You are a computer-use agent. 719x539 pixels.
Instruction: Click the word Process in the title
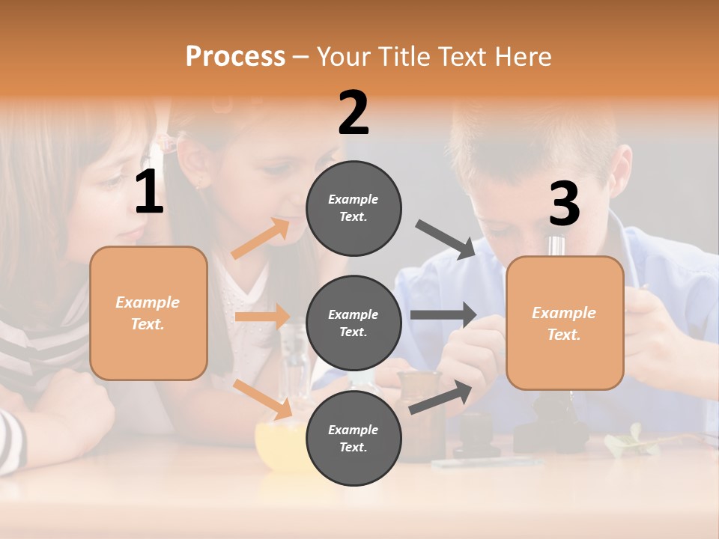pyautogui.click(x=235, y=56)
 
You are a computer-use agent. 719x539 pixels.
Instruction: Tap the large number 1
pyautogui.click(x=149, y=192)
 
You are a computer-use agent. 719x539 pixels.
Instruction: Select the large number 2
pyautogui.click(x=354, y=113)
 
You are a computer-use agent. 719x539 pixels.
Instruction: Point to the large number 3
pyautogui.click(x=564, y=204)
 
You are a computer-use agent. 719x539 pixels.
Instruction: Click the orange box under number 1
pyautogui.click(x=148, y=313)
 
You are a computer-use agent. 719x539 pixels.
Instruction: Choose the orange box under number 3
pyautogui.click(x=565, y=323)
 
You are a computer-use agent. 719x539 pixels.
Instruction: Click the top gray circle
pyautogui.click(x=354, y=208)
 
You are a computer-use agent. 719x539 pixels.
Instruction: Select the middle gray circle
pyautogui.click(x=354, y=323)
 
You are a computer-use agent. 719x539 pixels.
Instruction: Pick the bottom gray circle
pyautogui.click(x=354, y=438)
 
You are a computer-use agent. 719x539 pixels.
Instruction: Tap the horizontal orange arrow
pyautogui.click(x=263, y=317)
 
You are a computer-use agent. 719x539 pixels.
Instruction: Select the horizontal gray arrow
pyautogui.click(x=443, y=315)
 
